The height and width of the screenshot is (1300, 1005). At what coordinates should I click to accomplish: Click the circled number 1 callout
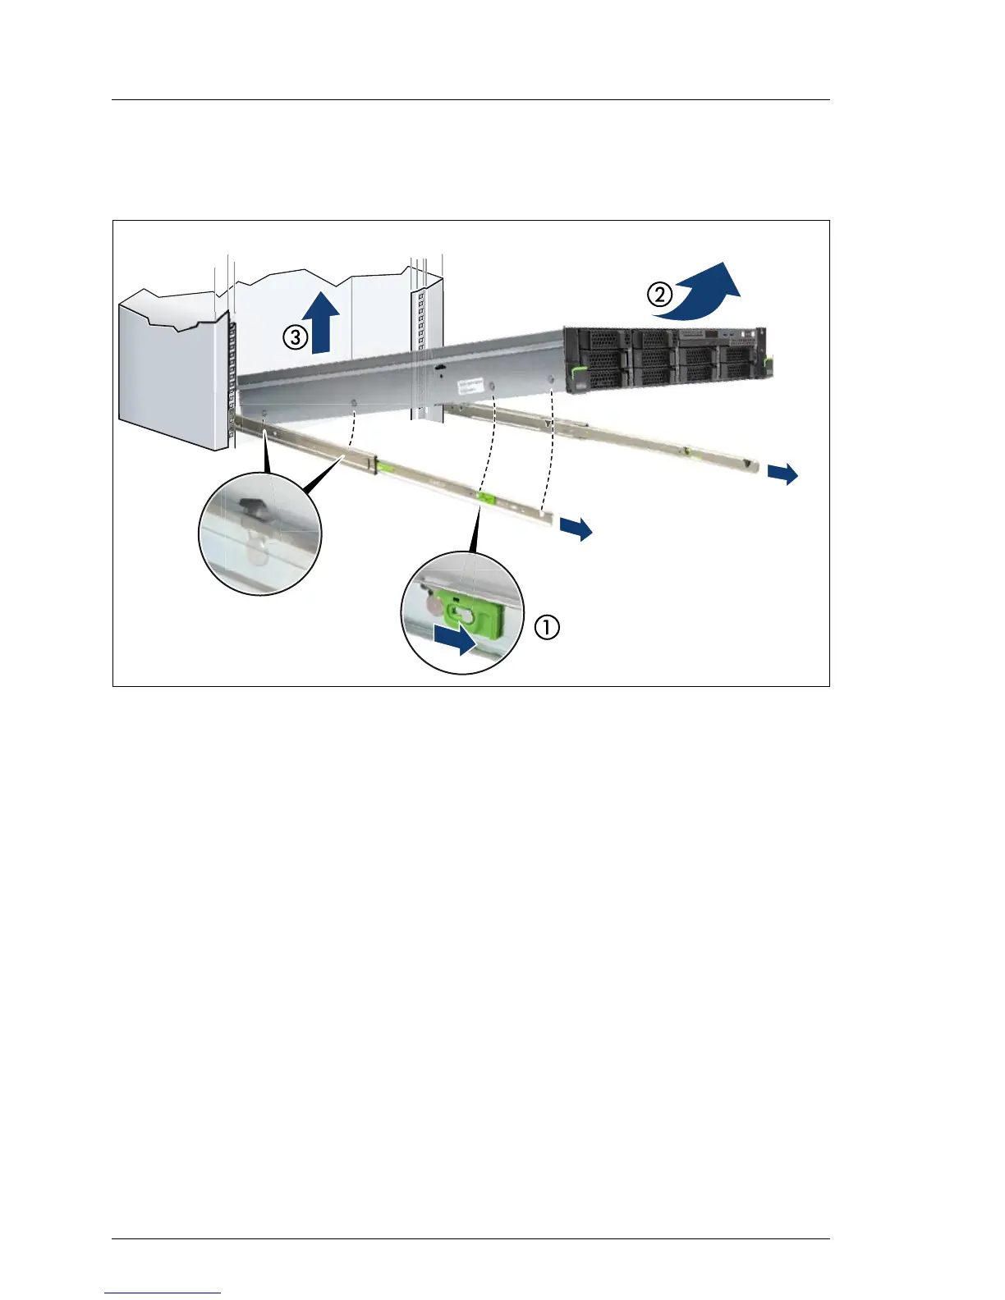pos(548,628)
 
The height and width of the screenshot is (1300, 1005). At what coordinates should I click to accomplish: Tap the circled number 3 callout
pos(296,336)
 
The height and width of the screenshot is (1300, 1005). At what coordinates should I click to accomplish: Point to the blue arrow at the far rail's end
pos(783,474)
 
